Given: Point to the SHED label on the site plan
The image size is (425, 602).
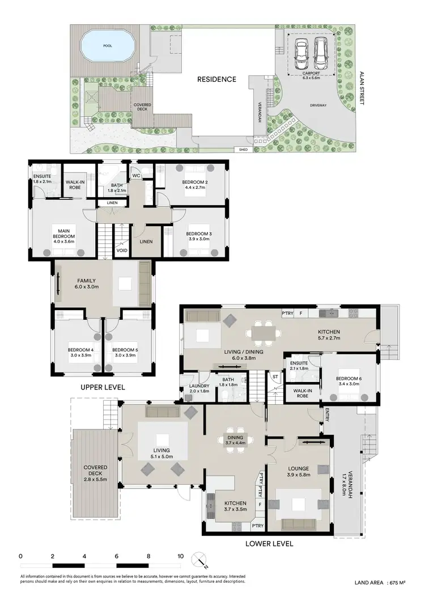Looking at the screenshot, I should click(244, 150).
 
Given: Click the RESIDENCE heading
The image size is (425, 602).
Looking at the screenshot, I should click(216, 79).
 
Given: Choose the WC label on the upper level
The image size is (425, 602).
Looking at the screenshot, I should click(136, 176).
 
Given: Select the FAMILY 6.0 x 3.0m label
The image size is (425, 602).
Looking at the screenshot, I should click(86, 283).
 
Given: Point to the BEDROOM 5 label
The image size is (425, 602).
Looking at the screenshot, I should click(125, 353).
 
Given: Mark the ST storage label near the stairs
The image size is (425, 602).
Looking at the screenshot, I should click(275, 376).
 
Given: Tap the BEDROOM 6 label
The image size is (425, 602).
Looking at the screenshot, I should click(347, 380).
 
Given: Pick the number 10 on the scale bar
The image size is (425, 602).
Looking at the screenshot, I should click(180, 556).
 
